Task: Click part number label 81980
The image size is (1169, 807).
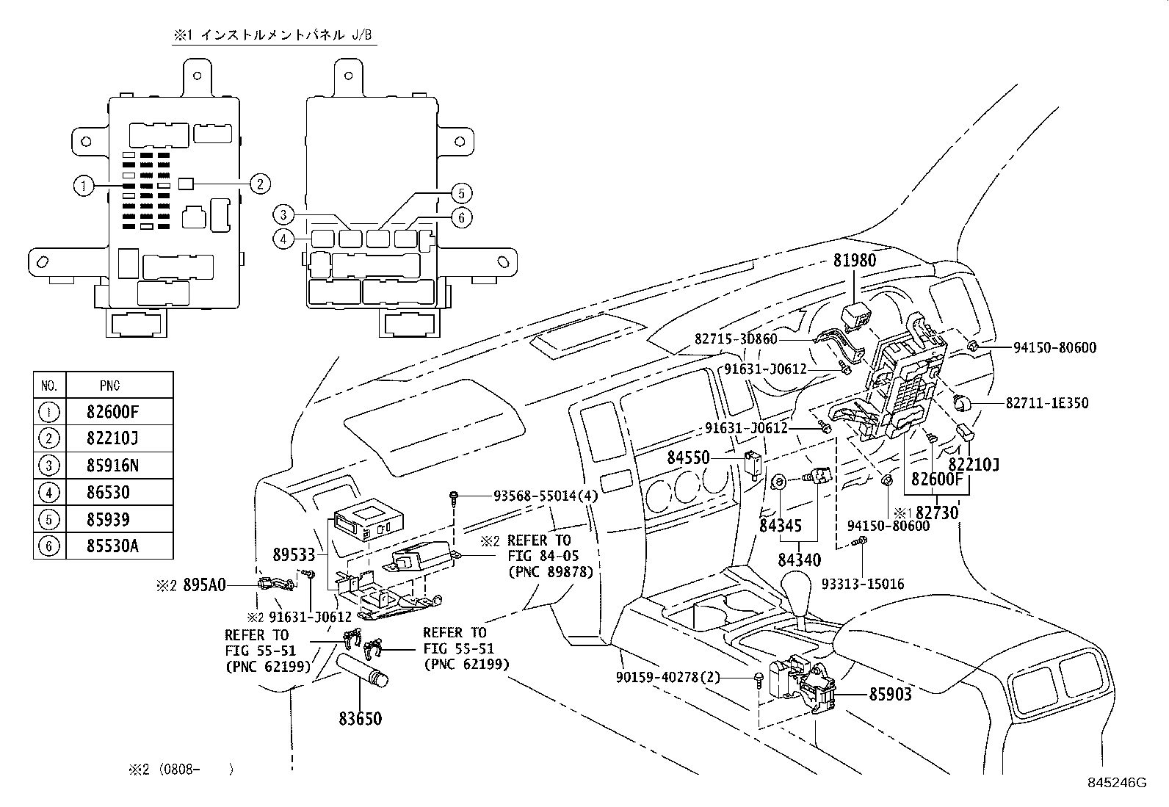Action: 855,261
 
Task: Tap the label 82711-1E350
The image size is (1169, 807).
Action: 1047,403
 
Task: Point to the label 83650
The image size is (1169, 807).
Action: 360,718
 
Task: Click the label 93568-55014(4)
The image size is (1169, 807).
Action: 546,496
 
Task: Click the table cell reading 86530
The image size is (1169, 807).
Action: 108,492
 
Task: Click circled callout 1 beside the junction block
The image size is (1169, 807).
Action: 83,186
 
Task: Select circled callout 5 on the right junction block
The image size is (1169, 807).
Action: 461,194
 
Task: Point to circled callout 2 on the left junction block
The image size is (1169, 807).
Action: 259,184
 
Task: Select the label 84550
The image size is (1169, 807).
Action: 688,458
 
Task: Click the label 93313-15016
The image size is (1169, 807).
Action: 863,585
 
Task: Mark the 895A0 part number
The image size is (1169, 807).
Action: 204,585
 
